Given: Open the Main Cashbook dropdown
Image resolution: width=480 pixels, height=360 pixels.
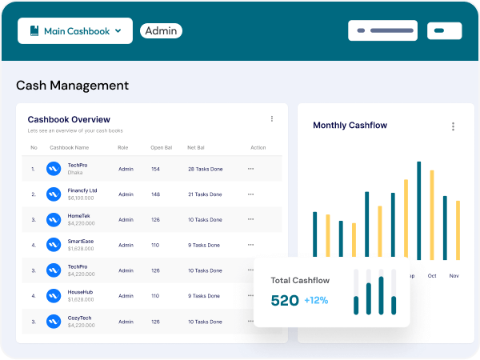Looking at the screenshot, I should pyautogui.click(x=75, y=31).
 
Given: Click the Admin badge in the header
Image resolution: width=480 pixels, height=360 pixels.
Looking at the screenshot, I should pyautogui.click(x=161, y=31).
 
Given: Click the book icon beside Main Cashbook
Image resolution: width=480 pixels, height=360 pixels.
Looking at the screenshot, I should pyautogui.click(x=34, y=31).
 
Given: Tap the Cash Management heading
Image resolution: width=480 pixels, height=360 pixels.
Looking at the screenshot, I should pyautogui.click(x=72, y=86).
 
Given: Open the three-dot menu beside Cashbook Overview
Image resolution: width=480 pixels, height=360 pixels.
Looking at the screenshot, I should pyautogui.click(x=271, y=118).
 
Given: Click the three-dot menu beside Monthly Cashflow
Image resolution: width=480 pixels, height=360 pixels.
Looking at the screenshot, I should pyautogui.click(x=453, y=126).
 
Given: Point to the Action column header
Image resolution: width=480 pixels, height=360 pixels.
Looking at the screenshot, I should pyautogui.click(x=258, y=147).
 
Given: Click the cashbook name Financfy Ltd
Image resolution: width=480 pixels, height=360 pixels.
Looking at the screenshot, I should pyautogui.click(x=82, y=190).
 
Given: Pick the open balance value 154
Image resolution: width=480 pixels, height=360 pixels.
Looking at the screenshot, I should pyautogui.click(x=155, y=169).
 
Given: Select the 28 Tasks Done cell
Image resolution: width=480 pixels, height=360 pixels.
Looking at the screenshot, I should pyautogui.click(x=206, y=169).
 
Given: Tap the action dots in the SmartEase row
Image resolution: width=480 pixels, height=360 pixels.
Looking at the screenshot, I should pyautogui.click(x=250, y=245).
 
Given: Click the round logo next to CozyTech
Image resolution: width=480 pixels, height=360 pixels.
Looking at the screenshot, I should pyautogui.click(x=54, y=321).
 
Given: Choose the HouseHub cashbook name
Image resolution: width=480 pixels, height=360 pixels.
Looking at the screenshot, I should pyautogui.click(x=81, y=292).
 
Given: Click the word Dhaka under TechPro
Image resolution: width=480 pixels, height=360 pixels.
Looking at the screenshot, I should pyautogui.click(x=75, y=172).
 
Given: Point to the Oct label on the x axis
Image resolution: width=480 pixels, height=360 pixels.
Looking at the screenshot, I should pyautogui.click(x=432, y=276).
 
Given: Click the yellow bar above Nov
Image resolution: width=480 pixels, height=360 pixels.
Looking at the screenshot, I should pyautogui.click(x=458, y=230).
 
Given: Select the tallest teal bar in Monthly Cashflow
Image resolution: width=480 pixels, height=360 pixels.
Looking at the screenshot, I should pyautogui.click(x=418, y=210).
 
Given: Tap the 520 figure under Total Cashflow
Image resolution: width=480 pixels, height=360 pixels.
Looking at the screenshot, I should pyautogui.click(x=285, y=301).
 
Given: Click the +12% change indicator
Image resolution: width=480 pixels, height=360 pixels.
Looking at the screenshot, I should pyautogui.click(x=316, y=301).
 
